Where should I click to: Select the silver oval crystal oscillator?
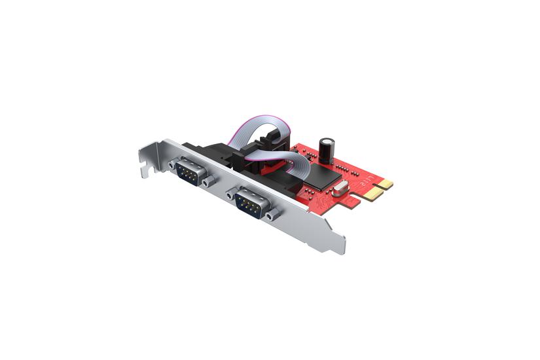[338, 191]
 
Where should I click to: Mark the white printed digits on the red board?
[370, 178]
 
